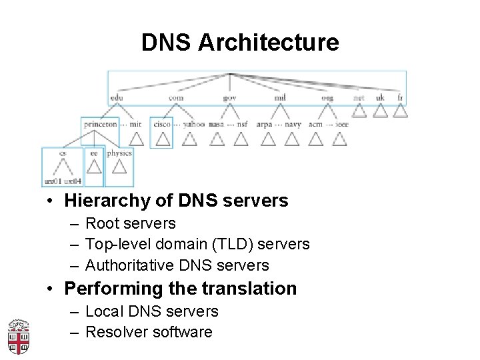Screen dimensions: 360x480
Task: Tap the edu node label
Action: click(117, 97)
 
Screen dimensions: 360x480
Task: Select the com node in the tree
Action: click(176, 97)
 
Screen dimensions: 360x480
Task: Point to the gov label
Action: click(230, 97)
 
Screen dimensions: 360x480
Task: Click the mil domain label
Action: click(280, 97)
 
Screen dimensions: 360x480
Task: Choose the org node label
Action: click(327, 97)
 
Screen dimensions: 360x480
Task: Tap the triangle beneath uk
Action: click(380, 111)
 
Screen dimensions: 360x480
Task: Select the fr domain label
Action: click(400, 97)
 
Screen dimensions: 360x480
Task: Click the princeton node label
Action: click(100, 124)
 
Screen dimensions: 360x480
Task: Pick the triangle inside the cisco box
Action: click(162, 138)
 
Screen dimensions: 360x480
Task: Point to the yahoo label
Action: click(194, 124)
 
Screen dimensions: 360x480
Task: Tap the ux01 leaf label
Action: click(52, 181)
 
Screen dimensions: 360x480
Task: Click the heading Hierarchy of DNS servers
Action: click(176, 201)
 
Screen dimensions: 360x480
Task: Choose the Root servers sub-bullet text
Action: click(131, 223)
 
